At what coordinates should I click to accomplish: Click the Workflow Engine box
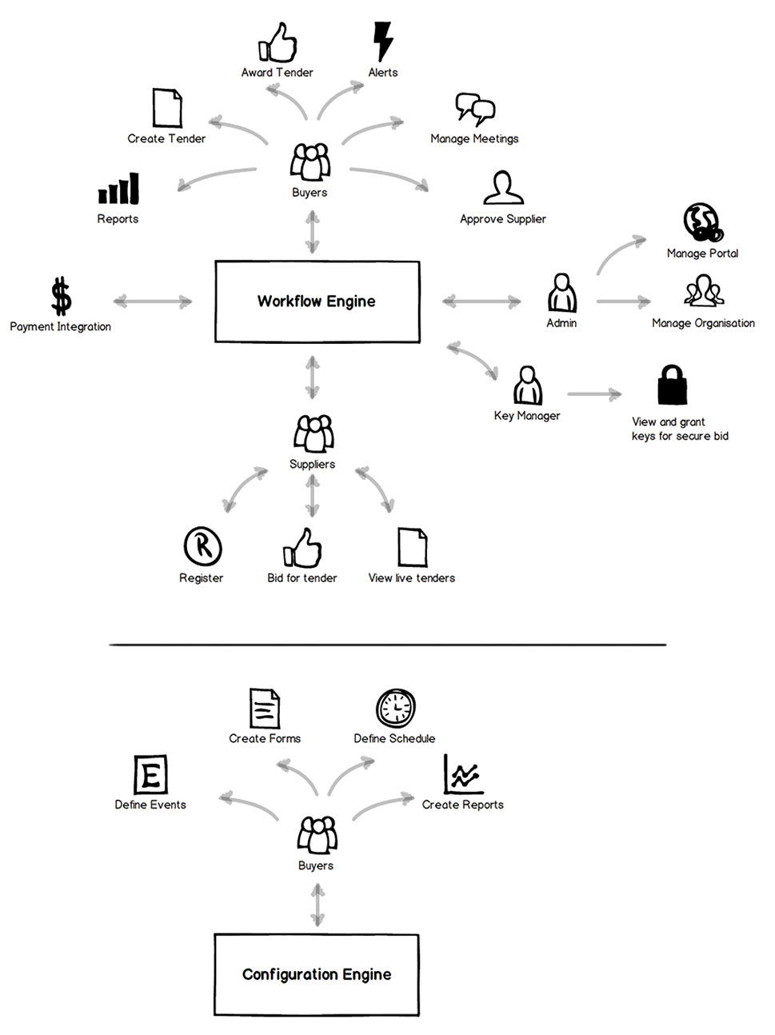point(317,302)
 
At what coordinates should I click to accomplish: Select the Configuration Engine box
point(317,974)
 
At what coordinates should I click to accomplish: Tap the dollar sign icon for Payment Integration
point(61,296)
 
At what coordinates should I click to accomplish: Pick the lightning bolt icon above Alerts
point(383,41)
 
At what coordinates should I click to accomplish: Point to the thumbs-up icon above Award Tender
point(276,43)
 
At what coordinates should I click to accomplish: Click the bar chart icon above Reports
point(118,189)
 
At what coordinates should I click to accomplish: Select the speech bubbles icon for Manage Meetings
point(475,110)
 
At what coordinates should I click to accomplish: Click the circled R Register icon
point(202,546)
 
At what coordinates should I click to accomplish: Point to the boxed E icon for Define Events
point(150,774)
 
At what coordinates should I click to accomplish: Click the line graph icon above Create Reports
point(463,774)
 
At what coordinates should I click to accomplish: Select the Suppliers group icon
point(313,434)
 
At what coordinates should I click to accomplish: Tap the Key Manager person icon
point(527,386)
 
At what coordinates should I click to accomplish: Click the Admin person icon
point(562,293)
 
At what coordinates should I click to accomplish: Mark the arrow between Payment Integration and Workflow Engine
point(153,302)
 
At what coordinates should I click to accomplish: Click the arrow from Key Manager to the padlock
point(594,394)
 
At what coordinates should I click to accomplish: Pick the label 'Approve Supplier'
point(502,219)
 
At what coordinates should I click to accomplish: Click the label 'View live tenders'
point(411,577)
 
